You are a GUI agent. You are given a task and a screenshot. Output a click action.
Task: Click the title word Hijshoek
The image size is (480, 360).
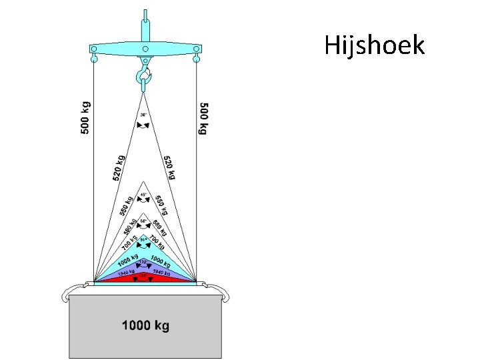point(374,45)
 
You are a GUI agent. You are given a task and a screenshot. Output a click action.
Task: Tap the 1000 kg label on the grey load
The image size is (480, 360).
point(145,326)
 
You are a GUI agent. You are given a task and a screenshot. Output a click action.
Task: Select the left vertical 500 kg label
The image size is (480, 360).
point(86,117)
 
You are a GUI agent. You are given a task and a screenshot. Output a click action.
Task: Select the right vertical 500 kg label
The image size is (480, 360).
point(204,119)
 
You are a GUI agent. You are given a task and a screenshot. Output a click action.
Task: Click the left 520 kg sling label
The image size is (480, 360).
point(119,169)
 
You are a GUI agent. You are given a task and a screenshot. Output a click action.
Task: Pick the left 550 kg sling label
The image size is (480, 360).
point(125,205)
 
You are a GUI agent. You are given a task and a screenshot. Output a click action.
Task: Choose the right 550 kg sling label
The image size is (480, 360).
point(162,204)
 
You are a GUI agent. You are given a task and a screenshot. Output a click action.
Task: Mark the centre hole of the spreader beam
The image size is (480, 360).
point(145,49)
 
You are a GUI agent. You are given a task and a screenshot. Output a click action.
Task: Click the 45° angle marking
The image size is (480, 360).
point(143,195)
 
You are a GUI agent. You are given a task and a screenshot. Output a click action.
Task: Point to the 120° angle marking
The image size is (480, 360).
point(143,261)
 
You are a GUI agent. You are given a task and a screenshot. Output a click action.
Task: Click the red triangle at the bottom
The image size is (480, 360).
point(145,279)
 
